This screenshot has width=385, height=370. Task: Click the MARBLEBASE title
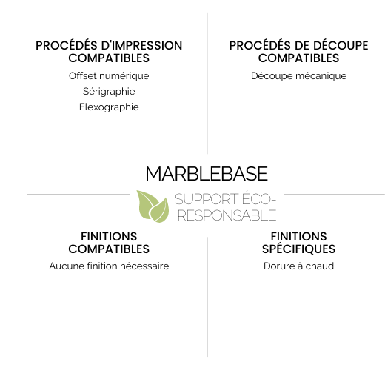[x=207, y=174]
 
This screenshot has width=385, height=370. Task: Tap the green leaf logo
[x=153, y=206]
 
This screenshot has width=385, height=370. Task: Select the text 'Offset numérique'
[x=109, y=76]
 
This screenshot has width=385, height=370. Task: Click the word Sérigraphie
[x=109, y=92]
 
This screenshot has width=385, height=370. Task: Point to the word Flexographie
[x=109, y=107]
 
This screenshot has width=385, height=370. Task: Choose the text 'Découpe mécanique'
[x=298, y=76]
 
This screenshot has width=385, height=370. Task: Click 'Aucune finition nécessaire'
[x=109, y=266]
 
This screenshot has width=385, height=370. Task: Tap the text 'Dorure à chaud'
[x=298, y=266]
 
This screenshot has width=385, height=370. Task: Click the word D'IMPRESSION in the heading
[x=141, y=46]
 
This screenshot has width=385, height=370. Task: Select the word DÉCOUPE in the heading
[x=341, y=46]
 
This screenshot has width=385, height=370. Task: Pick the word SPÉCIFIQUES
[x=298, y=249]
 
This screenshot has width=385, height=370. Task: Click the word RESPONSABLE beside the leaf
[x=227, y=215]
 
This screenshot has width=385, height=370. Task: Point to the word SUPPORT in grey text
[x=207, y=199]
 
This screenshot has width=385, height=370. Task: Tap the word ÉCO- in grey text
[x=258, y=198]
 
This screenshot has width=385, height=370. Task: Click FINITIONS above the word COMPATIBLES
[x=109, y=237]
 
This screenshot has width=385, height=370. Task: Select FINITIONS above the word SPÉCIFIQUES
[x=298, y=237]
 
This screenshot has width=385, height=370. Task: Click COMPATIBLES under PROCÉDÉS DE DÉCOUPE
[x=298, y=58]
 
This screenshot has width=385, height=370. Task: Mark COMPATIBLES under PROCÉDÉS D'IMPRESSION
[x=109, y=58]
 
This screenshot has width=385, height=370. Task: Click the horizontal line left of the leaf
[x=78, y=195]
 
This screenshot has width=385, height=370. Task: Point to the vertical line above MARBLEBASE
[x=207, y=83]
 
